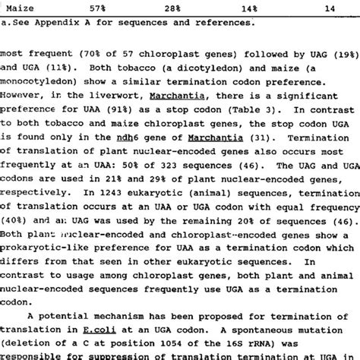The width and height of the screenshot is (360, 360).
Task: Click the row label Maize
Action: pos(16,8)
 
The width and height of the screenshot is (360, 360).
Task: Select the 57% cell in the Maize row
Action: pos(98,8)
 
